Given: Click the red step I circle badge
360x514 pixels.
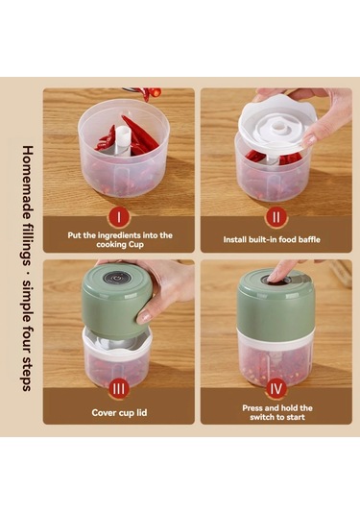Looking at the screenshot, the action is (119, 217).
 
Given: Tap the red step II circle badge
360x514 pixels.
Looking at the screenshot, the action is (276, 217).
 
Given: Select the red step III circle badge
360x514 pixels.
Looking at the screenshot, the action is (119, 389).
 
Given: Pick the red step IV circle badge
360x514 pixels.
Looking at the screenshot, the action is (276, 389).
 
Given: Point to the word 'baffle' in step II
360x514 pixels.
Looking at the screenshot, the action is (309, 239).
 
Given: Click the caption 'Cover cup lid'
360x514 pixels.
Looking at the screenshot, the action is (119, 412).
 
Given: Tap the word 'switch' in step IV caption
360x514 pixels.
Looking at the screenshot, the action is (262, 417).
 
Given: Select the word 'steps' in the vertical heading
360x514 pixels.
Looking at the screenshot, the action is (27, 374).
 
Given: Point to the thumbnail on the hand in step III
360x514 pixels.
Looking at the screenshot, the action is (143, 317).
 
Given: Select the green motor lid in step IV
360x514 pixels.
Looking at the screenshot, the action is (276, 304).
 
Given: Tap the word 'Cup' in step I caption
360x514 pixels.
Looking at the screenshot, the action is (136, 245).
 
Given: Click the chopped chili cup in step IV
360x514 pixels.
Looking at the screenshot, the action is (276, 360).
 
